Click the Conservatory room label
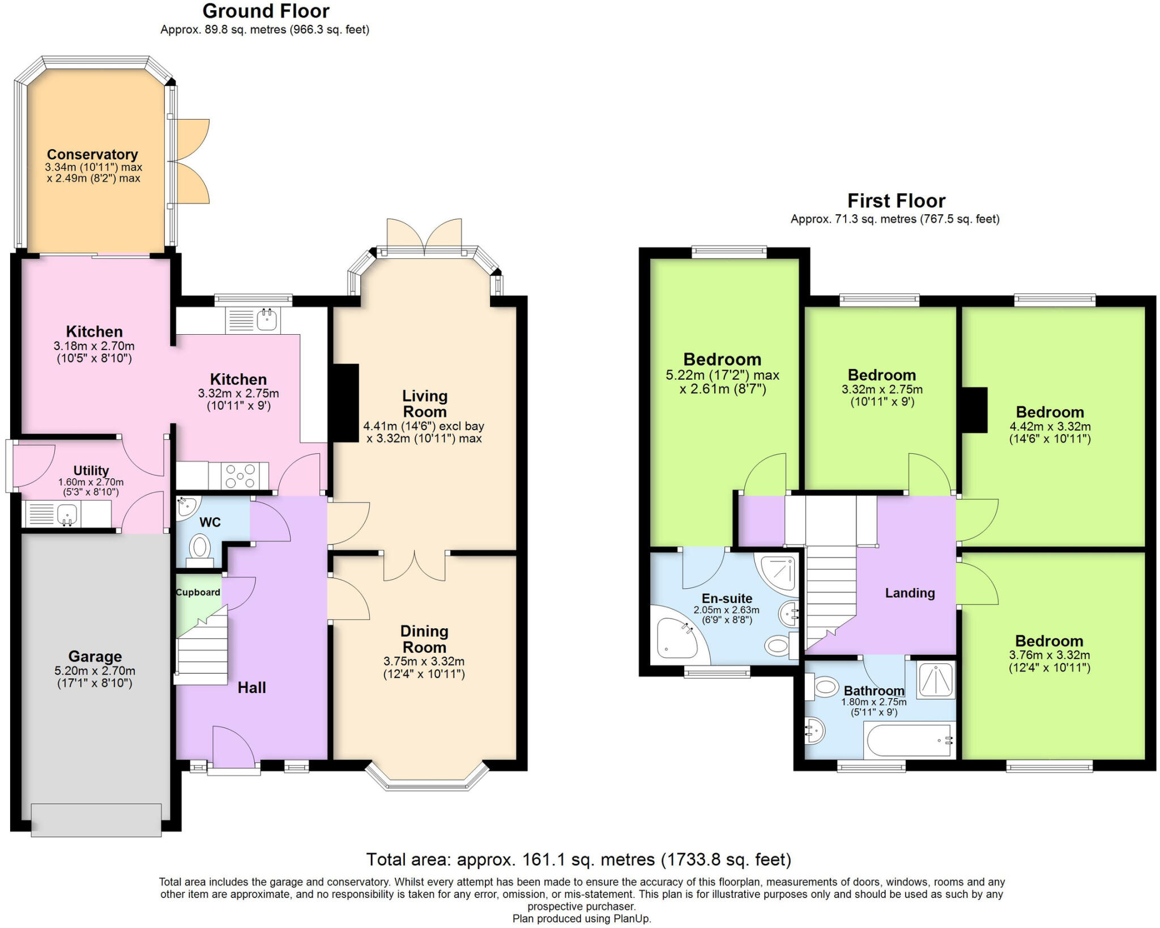point(92,154)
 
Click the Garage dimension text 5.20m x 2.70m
point(95,671)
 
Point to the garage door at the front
point(96,820)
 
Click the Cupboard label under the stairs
point(198,593)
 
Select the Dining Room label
point(424,639)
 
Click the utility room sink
point(67,514)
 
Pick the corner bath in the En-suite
point(676,640)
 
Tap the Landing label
point(910,593)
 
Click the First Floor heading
point(896,201)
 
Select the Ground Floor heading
point(266,11)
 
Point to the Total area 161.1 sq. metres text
point(578,859)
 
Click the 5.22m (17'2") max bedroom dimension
point(722,375)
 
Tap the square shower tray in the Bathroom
point(936,679)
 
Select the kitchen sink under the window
point(267,321)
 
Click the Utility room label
point(91,471)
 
